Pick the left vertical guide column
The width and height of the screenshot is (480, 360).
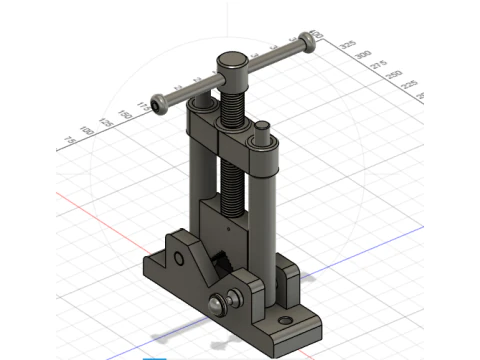(201, 170)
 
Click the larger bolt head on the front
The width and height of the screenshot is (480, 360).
(217, 305)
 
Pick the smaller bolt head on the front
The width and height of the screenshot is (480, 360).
(234, 297)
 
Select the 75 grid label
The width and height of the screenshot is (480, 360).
(70, 140)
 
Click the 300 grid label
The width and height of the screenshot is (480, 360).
(364, 55)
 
